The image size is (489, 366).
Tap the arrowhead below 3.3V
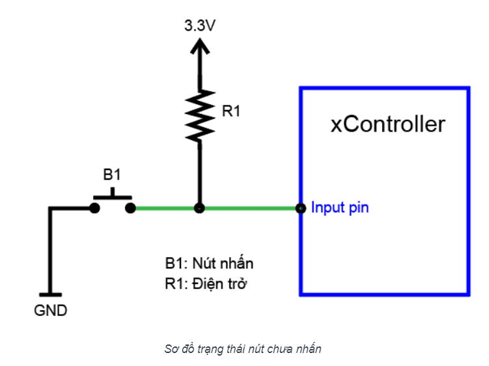tap(200, 46)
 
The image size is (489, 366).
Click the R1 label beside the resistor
tap(231, 111)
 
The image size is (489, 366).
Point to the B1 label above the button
tap(112, 175)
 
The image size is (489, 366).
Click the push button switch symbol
tap(113, 199)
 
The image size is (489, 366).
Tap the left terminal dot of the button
tap(95, 208)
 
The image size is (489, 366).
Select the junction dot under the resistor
tap(200, 208)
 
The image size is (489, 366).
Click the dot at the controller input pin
tap(300, 208)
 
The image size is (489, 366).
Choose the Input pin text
tap(340, 208)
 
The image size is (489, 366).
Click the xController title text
tap(387, 124)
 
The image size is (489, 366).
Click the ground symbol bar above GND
tap(49, 295)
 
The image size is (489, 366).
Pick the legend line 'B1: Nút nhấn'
tap(208, 264)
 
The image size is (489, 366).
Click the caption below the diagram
tap(243, 349)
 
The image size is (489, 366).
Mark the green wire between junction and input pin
tap(250, 208)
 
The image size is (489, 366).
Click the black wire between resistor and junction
tap(200, 173)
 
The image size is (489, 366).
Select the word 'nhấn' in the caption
tap(310, 349)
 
